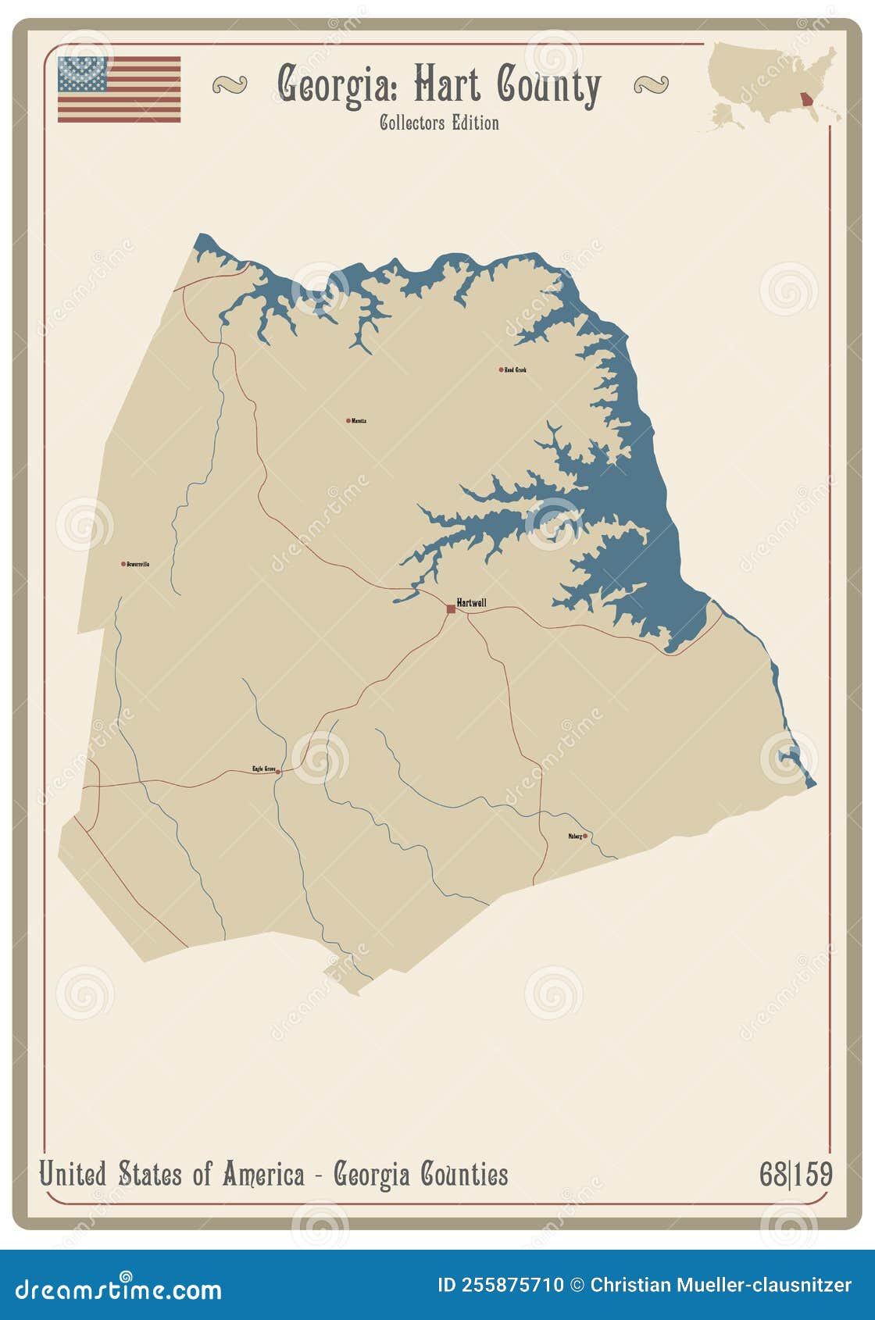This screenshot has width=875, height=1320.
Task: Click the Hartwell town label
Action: click(471, 602)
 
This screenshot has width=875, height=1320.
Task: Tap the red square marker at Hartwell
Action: click(451, 608)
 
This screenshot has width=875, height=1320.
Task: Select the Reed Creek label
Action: click(516, 369)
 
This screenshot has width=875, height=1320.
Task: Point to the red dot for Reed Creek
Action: click(502, 369)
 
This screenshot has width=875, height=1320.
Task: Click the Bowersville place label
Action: click(138, 563)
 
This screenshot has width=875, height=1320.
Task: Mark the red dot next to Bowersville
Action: click(123, 563)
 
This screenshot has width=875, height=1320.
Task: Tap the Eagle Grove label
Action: click(263, 769)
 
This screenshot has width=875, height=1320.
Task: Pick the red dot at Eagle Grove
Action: click(278, 771)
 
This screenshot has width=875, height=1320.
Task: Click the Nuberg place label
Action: click(575, 836)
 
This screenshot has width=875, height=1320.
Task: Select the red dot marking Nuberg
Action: click(585, 836)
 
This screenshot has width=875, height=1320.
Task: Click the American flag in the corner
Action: click(119, 89)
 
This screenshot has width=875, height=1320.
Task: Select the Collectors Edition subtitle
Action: click(439, 123)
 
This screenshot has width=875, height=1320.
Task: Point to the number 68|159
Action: click(795, 1174)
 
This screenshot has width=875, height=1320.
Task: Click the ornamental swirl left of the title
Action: click(229, 84)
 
